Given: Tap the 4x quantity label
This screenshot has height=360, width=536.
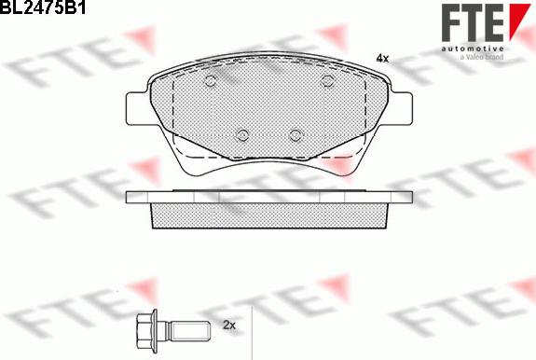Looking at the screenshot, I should [x=381, y=58].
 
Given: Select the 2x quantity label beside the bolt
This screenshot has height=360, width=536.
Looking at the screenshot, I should [x=230, y=325].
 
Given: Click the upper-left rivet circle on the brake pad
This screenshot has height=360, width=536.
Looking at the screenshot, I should [x=209, y=83].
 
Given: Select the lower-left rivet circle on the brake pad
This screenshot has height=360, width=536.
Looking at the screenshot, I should [x=242, y=133].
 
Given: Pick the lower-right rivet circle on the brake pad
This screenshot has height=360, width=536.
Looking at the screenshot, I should [x=295, y=133].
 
